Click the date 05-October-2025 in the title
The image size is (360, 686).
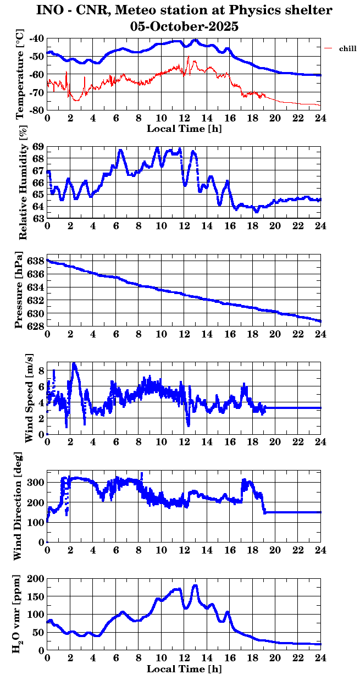coord(184,26)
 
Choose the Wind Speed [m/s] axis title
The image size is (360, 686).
coord(29,397)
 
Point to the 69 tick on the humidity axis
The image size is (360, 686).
coord(39,147)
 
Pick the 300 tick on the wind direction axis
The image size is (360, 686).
coord(37,482)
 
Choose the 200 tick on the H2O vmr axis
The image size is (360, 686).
coord(37,578)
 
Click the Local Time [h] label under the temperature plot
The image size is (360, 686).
coord(184,128)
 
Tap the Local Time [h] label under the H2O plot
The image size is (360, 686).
coord(184,668)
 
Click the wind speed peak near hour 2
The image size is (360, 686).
coord(74,364)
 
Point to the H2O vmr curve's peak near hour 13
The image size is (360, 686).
coord(195,585)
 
